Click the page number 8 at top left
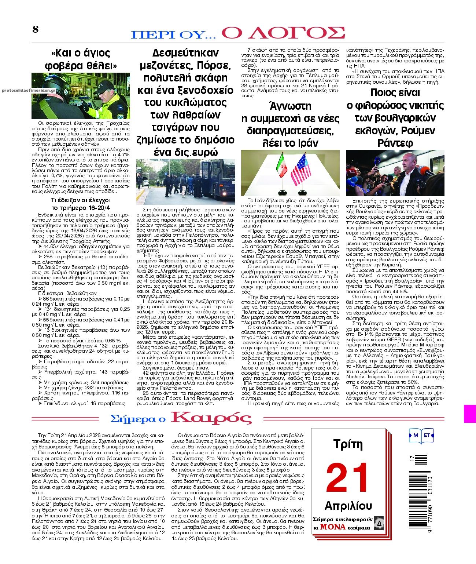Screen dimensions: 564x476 click(x=35, y=29)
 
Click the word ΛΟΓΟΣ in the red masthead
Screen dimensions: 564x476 click(x=283, y=33)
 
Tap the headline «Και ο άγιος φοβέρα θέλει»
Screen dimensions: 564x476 click(x=80, y=59)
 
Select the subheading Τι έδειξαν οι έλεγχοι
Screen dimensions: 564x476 click(x=81, y=200)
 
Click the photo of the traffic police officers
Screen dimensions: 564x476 click(x=81, y=95)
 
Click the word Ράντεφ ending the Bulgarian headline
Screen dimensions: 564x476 click(x=395, y=143)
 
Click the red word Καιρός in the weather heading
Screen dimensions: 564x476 click(x=211, y=418)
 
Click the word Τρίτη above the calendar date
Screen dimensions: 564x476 click(x=348, y=444)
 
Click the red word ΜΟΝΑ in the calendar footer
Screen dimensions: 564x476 click(x=333, y=527)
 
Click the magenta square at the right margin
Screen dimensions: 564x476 click(x=470, y=414)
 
